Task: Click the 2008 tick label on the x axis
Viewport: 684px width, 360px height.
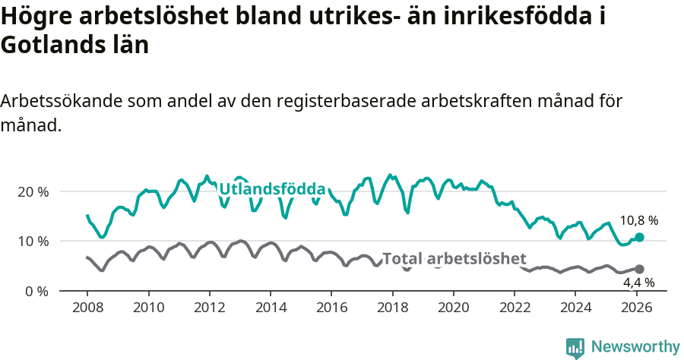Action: point(87,308)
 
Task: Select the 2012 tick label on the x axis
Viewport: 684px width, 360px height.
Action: point(209,308)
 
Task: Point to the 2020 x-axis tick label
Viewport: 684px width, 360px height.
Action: point(453,308)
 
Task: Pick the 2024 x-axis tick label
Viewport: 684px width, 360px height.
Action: point(575,308)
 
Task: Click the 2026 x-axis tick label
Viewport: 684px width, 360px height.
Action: point(637,308)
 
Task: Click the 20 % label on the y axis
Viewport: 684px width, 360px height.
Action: point(33,191)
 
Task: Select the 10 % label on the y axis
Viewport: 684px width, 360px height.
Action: point(33,242)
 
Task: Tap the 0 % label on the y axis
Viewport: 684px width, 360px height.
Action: point(36,291)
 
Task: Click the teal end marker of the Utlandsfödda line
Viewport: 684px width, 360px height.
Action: point(639,238)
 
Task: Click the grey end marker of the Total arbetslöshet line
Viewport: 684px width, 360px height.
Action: point(639,269)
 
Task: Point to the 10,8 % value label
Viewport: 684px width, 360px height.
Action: point(638,220)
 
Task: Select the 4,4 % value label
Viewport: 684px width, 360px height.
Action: point(638,283)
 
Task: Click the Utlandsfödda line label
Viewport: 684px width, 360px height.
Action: point(272,189)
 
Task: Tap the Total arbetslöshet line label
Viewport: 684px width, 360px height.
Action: point(454,258)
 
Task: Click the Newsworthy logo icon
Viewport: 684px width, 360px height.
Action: point(575,347)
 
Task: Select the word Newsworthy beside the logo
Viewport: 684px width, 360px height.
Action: point(635,347)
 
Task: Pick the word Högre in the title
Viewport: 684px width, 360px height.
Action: point(36,17)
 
